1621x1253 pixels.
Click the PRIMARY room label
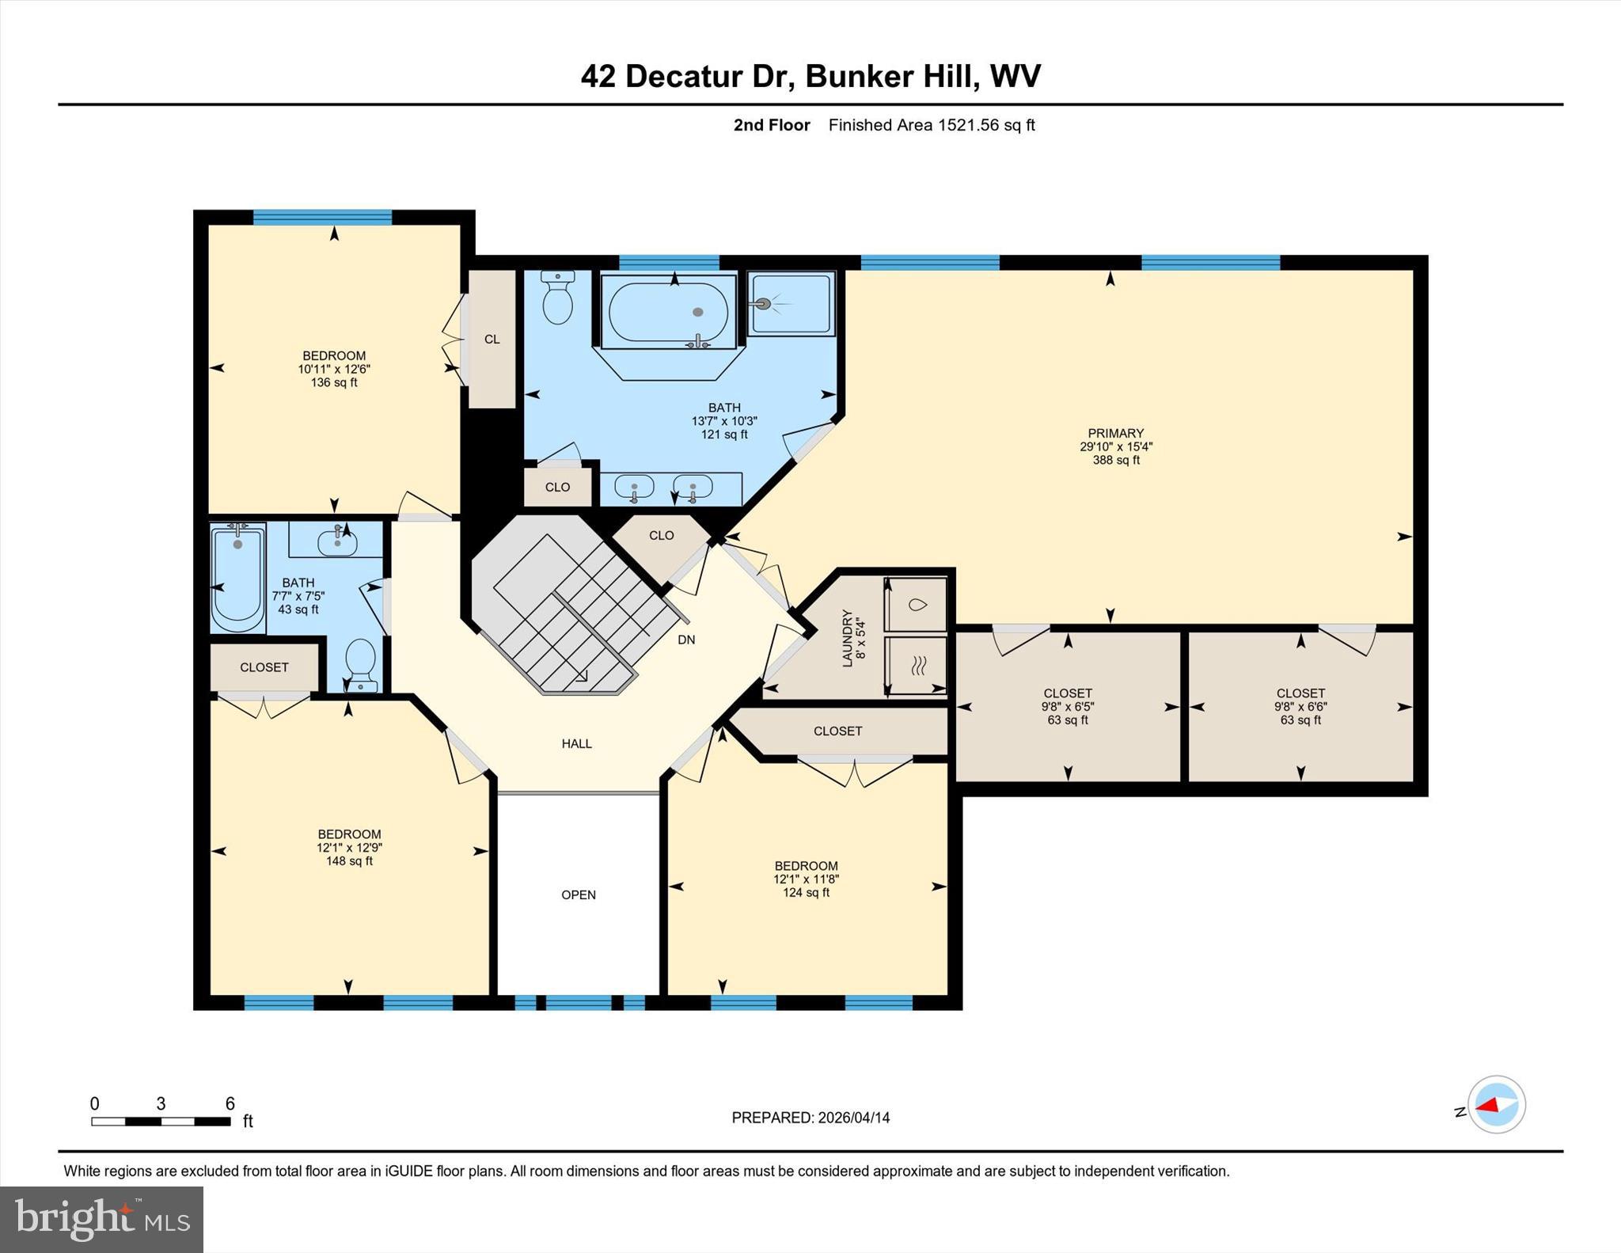coord(1115,433)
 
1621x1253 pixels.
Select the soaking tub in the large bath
coord(669,312)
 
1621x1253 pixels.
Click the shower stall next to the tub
coord(791,304)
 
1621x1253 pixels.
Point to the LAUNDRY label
coord(848,638)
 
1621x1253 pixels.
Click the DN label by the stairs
coord(686,640)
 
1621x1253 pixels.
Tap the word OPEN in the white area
coord(579,894)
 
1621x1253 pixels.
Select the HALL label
coord(576,743)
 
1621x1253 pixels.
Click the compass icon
coord(1496,1104)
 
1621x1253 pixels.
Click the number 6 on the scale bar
coord(230,1103)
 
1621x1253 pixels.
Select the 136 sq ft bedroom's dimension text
coord(334,369)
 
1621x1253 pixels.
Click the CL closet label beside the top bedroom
coord(492,339)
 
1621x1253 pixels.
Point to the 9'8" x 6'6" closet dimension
coord(1300,707)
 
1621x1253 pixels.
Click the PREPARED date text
coord(810,1118)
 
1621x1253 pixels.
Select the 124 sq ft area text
coord(806,892)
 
